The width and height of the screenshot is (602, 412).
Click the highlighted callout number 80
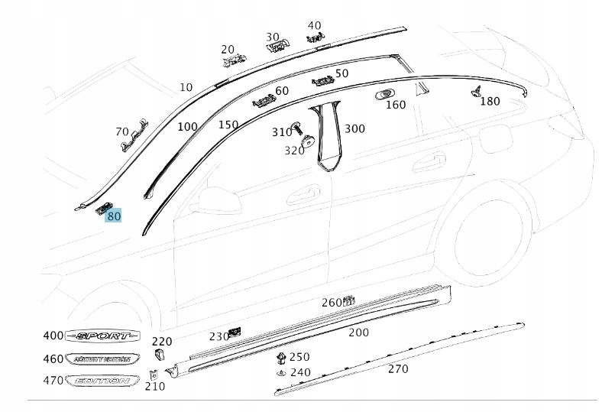pyautogui.click(x=114, y=216)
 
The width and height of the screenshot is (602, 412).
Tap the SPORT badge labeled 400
pyautogui.click(x=103, y=336)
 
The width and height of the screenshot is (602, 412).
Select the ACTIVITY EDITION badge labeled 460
pyautogui.click(x=103, y=358)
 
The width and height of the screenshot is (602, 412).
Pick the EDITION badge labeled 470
pyautogui.click(x=103, y=381)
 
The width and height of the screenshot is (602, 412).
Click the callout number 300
pyautogui.click(x=354, y=128)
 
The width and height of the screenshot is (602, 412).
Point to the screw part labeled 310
pyautogui.click(x=298, y=127)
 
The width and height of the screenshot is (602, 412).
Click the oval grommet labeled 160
pyautogui.click(x=384, y=95)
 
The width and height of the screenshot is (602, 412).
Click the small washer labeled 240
pyautogui.click(x=280, y=372)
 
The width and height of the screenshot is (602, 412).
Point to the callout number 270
pyautogui.click(x=398, y=369)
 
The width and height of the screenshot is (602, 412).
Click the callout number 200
pyautogui.click(x=358, y=333)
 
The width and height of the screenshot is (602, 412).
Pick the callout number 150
pyautogui.click(x=228, y=125)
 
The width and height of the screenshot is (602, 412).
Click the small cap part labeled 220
pyautogui.click(x=160, y=355)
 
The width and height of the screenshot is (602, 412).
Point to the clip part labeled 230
pyautogui.click(x=236, y=332)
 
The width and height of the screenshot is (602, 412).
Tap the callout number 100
pyautogui.click(x=187, y=127)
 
